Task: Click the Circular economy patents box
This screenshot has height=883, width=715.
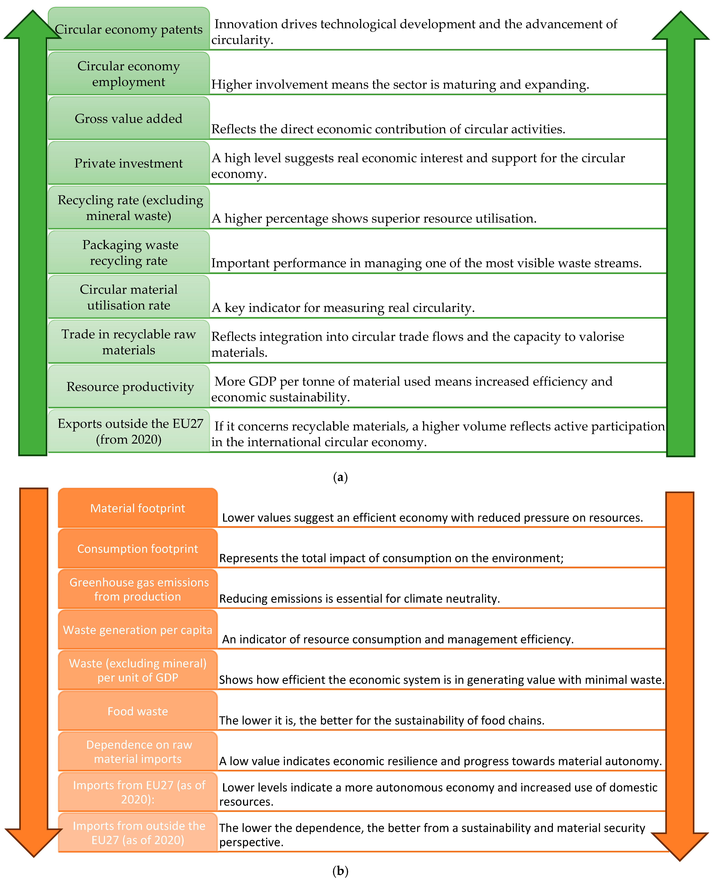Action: [x=129, y=29]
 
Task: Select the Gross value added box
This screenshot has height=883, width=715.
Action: [x=129, y=119]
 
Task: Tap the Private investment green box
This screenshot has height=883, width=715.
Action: [x=129, y=163]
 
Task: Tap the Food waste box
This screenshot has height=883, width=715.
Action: [x=138, y=711]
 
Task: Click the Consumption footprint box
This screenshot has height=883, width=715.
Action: [x=138, y=548]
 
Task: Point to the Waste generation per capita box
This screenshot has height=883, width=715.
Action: [x=138, y=629]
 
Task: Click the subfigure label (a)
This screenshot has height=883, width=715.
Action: [x=340, y=477]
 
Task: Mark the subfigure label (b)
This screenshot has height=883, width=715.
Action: [x=340, y=871]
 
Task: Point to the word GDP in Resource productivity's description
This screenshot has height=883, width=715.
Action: [x=262, y=381]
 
